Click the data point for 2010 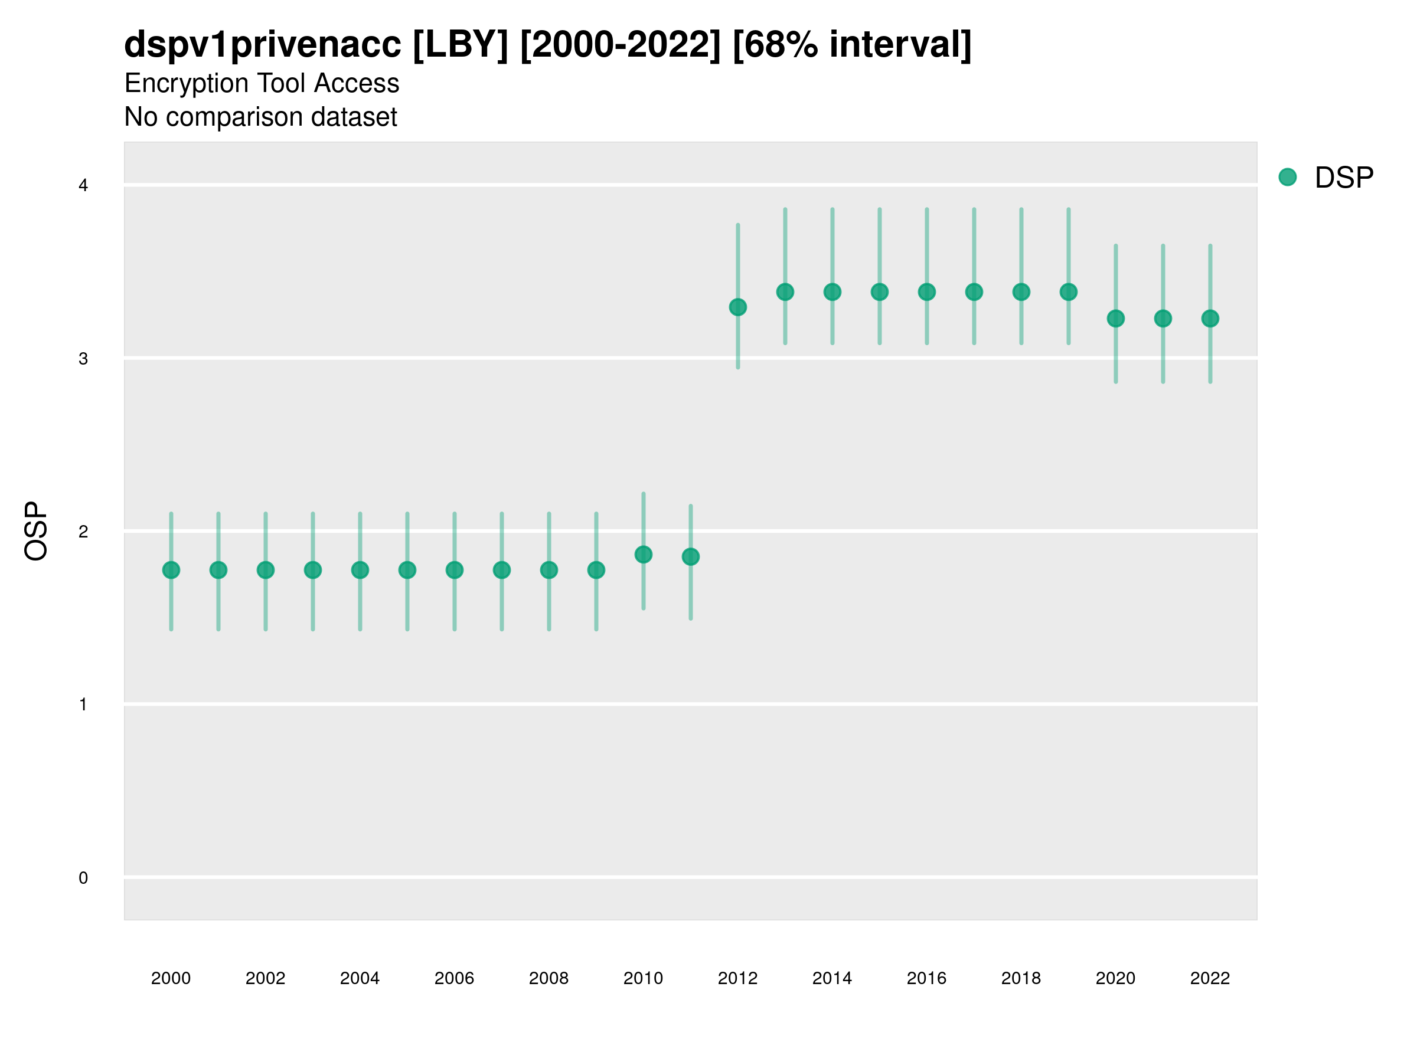(643, 555)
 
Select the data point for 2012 (738, 307)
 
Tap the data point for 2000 (171, 570)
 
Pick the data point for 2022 (1210, 318)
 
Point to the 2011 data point (691, 557)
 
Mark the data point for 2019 (1069, 292)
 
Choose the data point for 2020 (1116, 318)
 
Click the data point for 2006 (454, 570)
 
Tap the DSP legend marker (1287, 178)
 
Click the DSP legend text (1344, 178)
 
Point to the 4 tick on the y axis (83, 186)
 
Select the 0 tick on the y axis (83, 878)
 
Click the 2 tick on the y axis (83, 532)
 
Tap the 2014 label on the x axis (832, 978)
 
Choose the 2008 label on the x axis (549, 978)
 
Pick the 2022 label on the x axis (1210, 978)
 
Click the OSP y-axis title (37, 532)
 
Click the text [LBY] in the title (461, 45)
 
